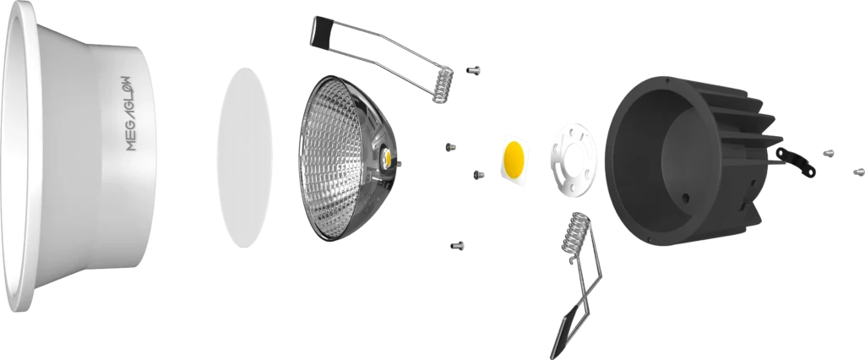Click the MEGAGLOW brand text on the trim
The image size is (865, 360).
130,113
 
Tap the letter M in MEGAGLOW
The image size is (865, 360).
130,145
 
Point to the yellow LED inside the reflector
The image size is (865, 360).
388,159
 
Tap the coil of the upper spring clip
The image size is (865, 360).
443,85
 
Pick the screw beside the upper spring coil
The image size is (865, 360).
473,70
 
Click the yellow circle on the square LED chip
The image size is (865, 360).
514,157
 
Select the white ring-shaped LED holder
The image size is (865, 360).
574,159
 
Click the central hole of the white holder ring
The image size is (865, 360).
574,160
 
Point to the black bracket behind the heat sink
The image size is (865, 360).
795,162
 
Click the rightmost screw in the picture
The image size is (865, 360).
858,172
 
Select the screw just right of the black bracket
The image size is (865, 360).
828,153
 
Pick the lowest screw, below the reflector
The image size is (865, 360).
457,245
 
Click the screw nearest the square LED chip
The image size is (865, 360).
478,174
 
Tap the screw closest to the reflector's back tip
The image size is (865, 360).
450,147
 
